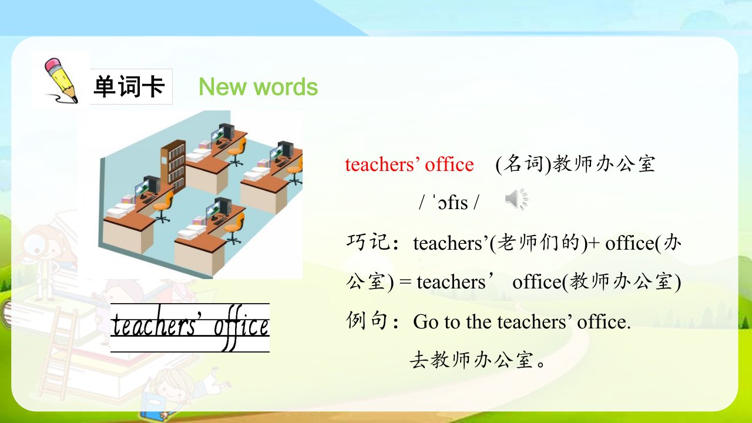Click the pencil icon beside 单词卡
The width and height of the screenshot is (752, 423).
[x=62, y=80]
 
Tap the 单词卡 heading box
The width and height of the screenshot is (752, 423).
[x=131, y=86]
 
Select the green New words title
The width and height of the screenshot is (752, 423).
[x=258, y=87]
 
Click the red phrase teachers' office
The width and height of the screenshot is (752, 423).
[x=409, y=164]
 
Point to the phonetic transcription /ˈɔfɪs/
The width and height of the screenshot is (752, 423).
[x=449, y=203]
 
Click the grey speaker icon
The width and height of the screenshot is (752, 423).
[x=516, y=199]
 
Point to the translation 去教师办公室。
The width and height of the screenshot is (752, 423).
[x=478, y=360]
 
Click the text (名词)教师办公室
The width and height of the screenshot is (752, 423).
[x=575, y=164]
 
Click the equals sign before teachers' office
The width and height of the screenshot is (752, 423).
[x=405, y=282]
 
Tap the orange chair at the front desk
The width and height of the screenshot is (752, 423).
[x=233, y=229]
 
